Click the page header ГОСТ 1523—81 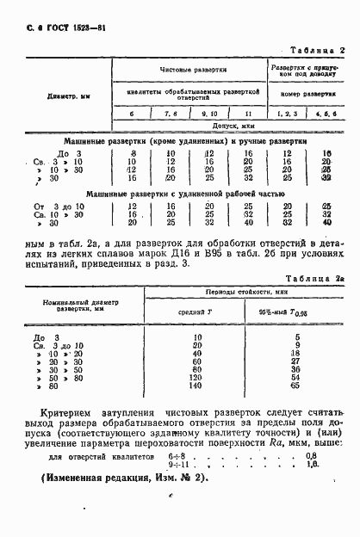(x=58, y=15)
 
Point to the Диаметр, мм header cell (x=59, y=96)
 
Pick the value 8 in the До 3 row (x=133, y=152)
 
